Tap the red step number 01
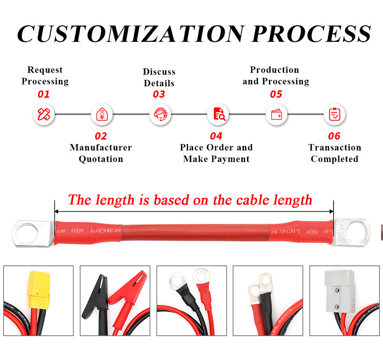(x=43, y=95)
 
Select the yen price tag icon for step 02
(x=101, y=115)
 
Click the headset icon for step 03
(x=160, y=115)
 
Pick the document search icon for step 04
(x=218, y=115)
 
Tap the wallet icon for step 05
(x=276, y=115)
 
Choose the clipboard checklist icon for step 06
(x=334, y=115)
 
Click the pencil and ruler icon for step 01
(x=43, y=115)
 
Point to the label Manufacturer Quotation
(x=101, y=153)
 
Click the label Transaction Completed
(x=334, y=153)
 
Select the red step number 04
(x=216, y=136)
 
